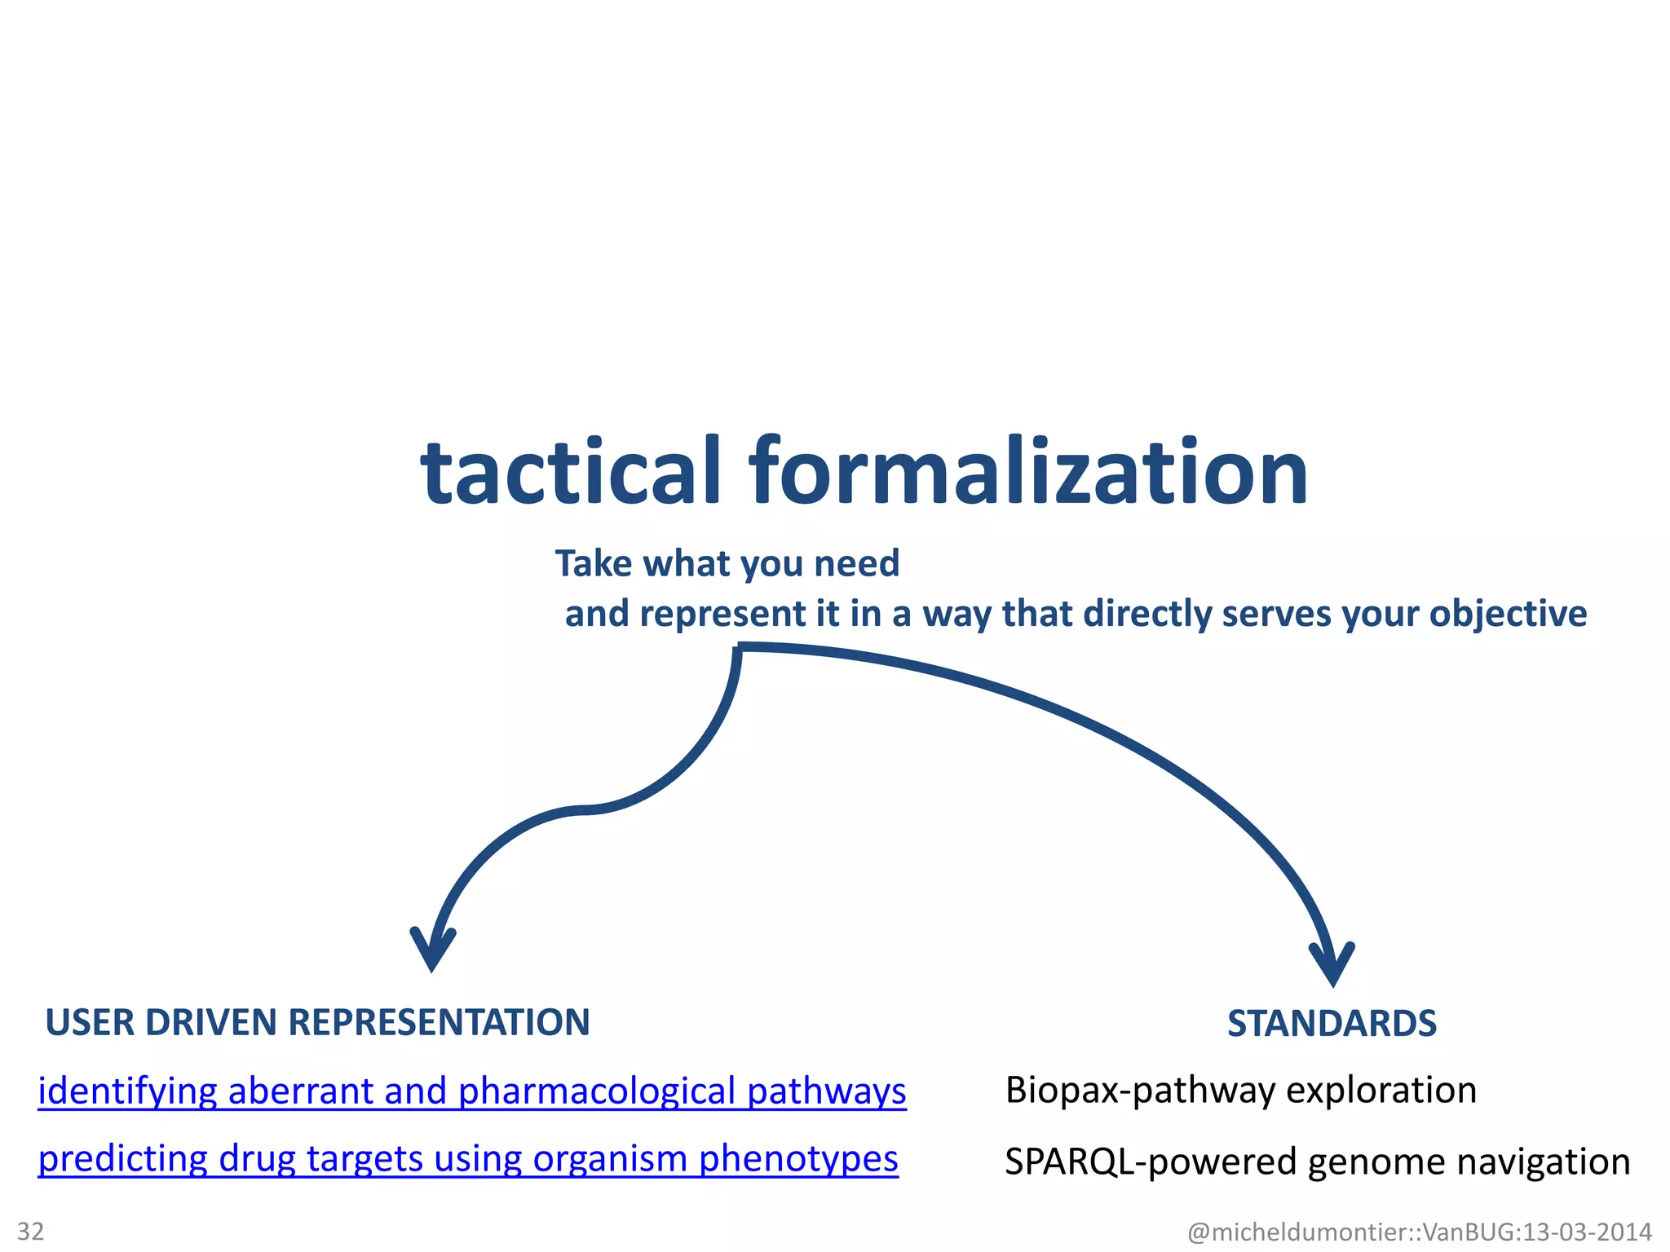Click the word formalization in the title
[x=1029, y=473]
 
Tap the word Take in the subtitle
[x=593, y=563]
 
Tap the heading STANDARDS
[x=1332, y=1024]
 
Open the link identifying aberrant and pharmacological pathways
[x=472, y=1091]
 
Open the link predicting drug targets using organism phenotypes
[x=468, y=1159]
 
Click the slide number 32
[x=31, y=1231]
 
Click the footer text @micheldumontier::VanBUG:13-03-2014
[x=1420, y=1232]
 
